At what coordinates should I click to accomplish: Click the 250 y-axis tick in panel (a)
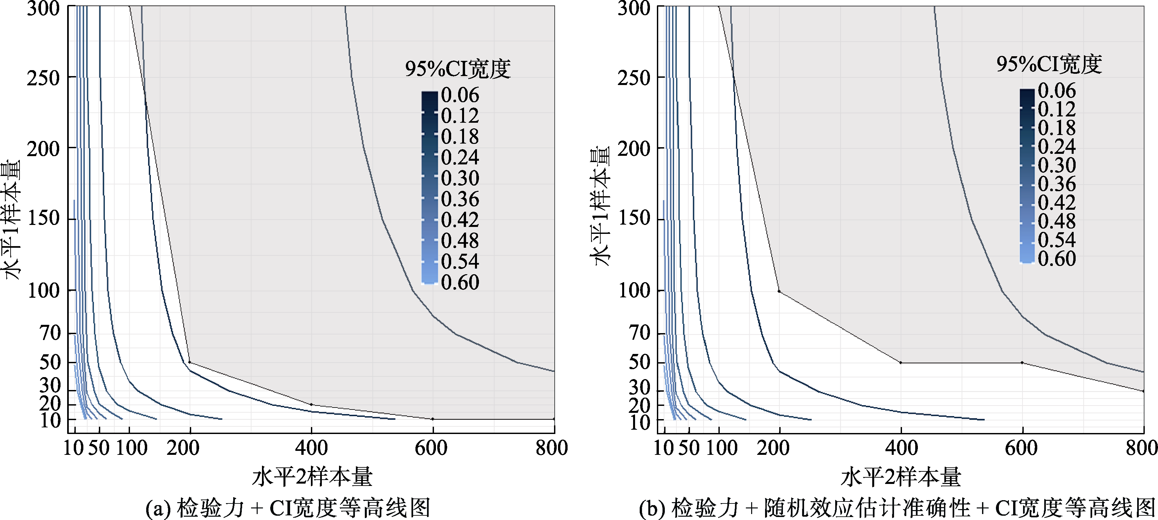tap(43, 78)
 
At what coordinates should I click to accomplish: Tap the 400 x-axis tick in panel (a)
tap(311, 448)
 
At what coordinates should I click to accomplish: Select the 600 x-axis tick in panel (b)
tap(1021, 448)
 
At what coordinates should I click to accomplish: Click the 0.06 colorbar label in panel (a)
tap(460, 95)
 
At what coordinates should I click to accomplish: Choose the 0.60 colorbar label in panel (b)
tap(1057, 258)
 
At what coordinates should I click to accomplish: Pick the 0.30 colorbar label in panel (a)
tap(460, 178)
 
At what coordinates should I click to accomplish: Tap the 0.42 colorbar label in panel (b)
tap(1057, 202)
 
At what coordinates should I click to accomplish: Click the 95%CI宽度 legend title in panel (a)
tap(458, 69)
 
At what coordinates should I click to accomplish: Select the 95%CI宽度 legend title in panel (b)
tap(1049, 64)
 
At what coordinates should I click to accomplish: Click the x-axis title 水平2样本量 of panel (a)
tap(312, 477)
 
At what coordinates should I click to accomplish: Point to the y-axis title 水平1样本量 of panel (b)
tap(600, 206)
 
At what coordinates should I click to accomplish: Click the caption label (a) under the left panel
tap(158, 508)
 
